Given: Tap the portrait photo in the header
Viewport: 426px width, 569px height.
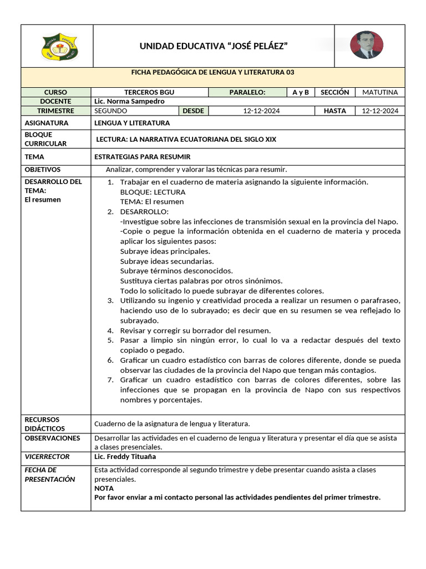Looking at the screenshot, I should click(x=367, y=45).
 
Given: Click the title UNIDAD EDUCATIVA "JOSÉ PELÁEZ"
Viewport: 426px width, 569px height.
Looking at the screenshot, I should click(x=214, y=46).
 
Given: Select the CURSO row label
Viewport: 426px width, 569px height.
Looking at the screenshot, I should click(x=55, y=92).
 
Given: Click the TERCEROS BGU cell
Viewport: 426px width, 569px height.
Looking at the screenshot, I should click(x=149, y=92).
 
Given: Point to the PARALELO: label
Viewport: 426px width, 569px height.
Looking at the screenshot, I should click(x=247, y=92).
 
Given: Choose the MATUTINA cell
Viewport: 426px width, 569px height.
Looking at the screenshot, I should click(x=380, y=92).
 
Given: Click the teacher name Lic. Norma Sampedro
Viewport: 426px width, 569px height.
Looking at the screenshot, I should click(x=129, y=101).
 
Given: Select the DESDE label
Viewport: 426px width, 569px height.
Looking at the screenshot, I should click(x=194, y=111).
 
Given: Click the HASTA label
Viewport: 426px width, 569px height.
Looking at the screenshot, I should click(x=334, y=111).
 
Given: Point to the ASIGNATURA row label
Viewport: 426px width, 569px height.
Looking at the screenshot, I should click(x=47, y=123).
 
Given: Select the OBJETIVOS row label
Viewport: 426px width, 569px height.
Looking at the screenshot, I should click(x=43, y=169).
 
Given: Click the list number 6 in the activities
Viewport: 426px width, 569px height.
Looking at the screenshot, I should click(x=110, y=360).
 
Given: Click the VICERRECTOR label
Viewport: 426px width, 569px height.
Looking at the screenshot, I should click(x=47, y=456).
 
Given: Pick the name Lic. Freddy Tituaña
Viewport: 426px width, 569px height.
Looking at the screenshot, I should click(x=125, y=457).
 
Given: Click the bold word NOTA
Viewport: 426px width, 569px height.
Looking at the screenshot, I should click(x=104, y=488).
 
